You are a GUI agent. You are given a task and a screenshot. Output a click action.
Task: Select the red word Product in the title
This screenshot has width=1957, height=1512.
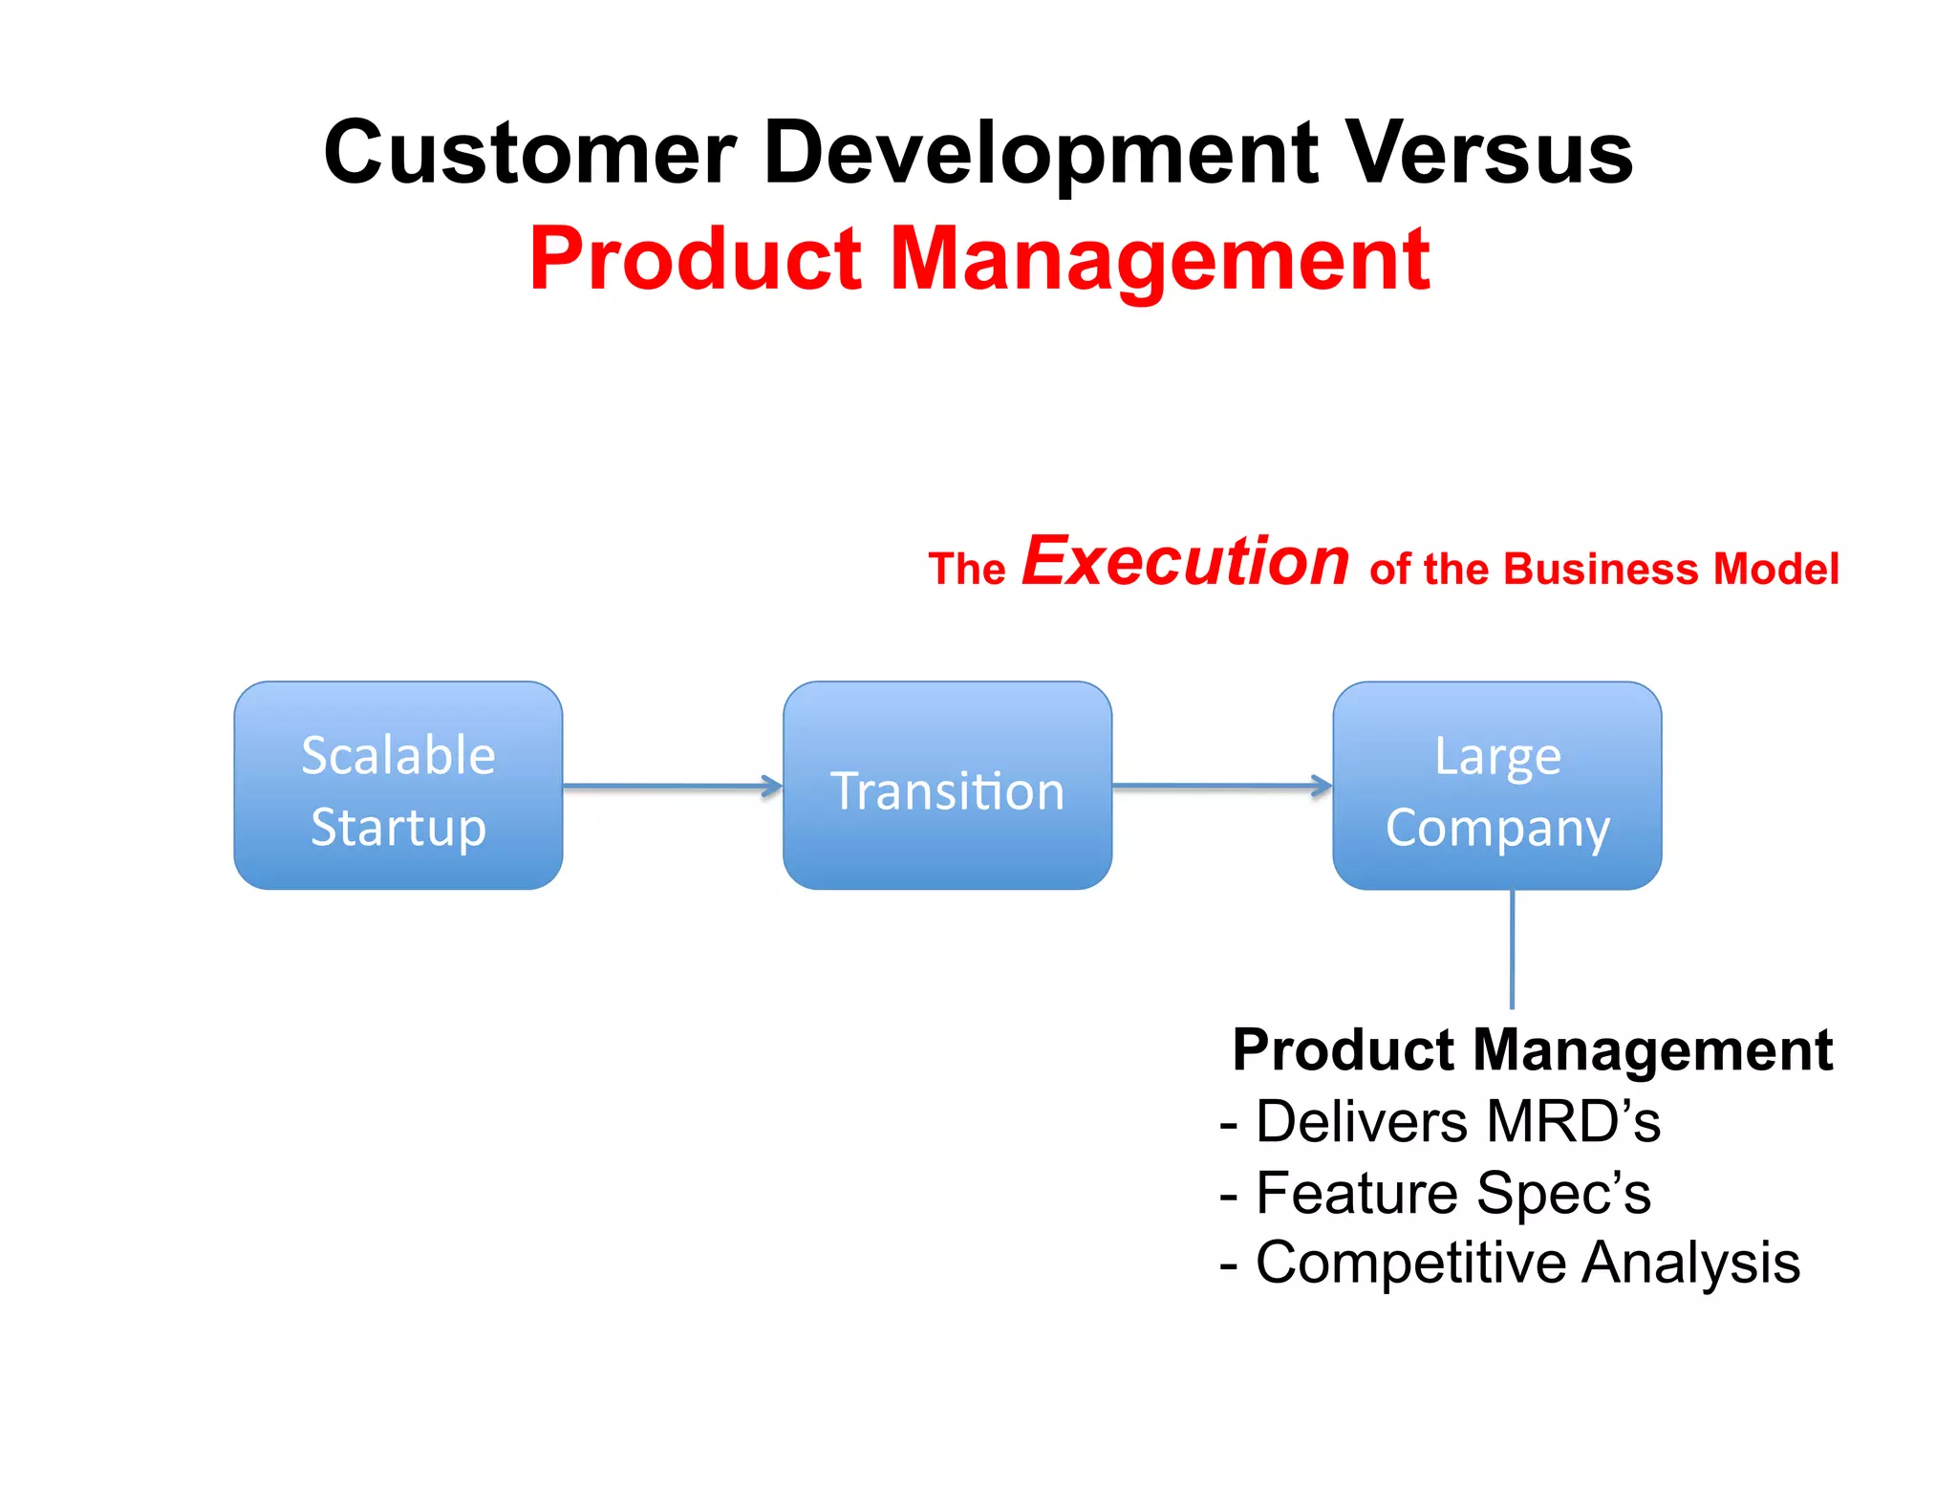click(696, 260)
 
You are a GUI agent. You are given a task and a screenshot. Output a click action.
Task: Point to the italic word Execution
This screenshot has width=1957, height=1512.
click(1185, 562)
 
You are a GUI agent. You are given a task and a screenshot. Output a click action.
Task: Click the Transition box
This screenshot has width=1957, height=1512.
click(947, 786)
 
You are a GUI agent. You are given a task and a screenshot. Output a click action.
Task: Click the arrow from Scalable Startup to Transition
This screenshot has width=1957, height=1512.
click(672, 787)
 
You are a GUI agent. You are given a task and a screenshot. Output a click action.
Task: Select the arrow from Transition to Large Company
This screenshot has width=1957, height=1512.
click(1221, 787)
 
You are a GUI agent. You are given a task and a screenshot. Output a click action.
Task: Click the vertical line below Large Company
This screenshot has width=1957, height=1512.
click(1512, 948)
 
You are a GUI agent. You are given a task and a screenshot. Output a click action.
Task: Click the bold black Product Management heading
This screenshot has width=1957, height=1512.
click(1532, 1050)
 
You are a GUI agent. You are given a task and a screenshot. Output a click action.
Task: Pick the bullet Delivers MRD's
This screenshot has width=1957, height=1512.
click(1441, 1122)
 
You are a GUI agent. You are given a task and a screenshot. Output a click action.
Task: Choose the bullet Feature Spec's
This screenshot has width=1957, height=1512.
click(1436, 1194)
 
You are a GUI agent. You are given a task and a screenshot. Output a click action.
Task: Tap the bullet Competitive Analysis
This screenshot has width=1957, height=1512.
click(1510, 1264)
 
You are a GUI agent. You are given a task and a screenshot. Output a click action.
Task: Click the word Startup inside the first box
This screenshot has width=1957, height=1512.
click(398, 828)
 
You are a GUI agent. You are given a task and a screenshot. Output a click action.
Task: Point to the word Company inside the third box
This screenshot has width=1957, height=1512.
click(1497, 829)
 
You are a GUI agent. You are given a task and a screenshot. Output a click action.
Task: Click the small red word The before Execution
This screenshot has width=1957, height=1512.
click(966, 570)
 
